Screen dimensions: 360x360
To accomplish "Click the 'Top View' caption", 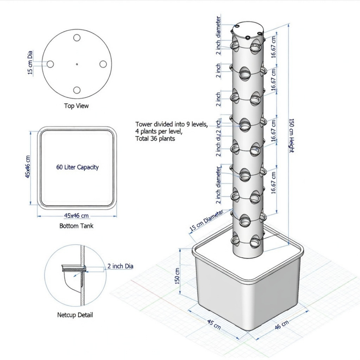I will [76, 106].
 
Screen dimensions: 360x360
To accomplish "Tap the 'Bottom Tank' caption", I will [76, 226].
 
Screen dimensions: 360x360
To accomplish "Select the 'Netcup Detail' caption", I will [75, 315].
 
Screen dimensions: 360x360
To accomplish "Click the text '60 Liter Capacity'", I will [77, 167].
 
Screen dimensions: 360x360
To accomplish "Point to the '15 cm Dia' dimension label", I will [30, 62].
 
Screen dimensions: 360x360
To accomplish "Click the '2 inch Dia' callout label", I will [120, 266].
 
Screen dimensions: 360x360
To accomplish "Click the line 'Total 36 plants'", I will [155, 139].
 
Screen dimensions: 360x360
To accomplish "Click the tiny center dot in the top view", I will [77, 64].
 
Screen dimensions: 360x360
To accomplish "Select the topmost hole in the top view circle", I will [77, 38].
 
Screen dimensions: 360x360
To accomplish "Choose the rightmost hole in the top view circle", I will [103, 64].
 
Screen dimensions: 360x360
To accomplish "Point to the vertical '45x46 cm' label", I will [28, 166].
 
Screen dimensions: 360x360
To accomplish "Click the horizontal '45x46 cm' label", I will [77, 216].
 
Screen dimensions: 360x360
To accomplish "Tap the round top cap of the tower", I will [248, 30].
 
